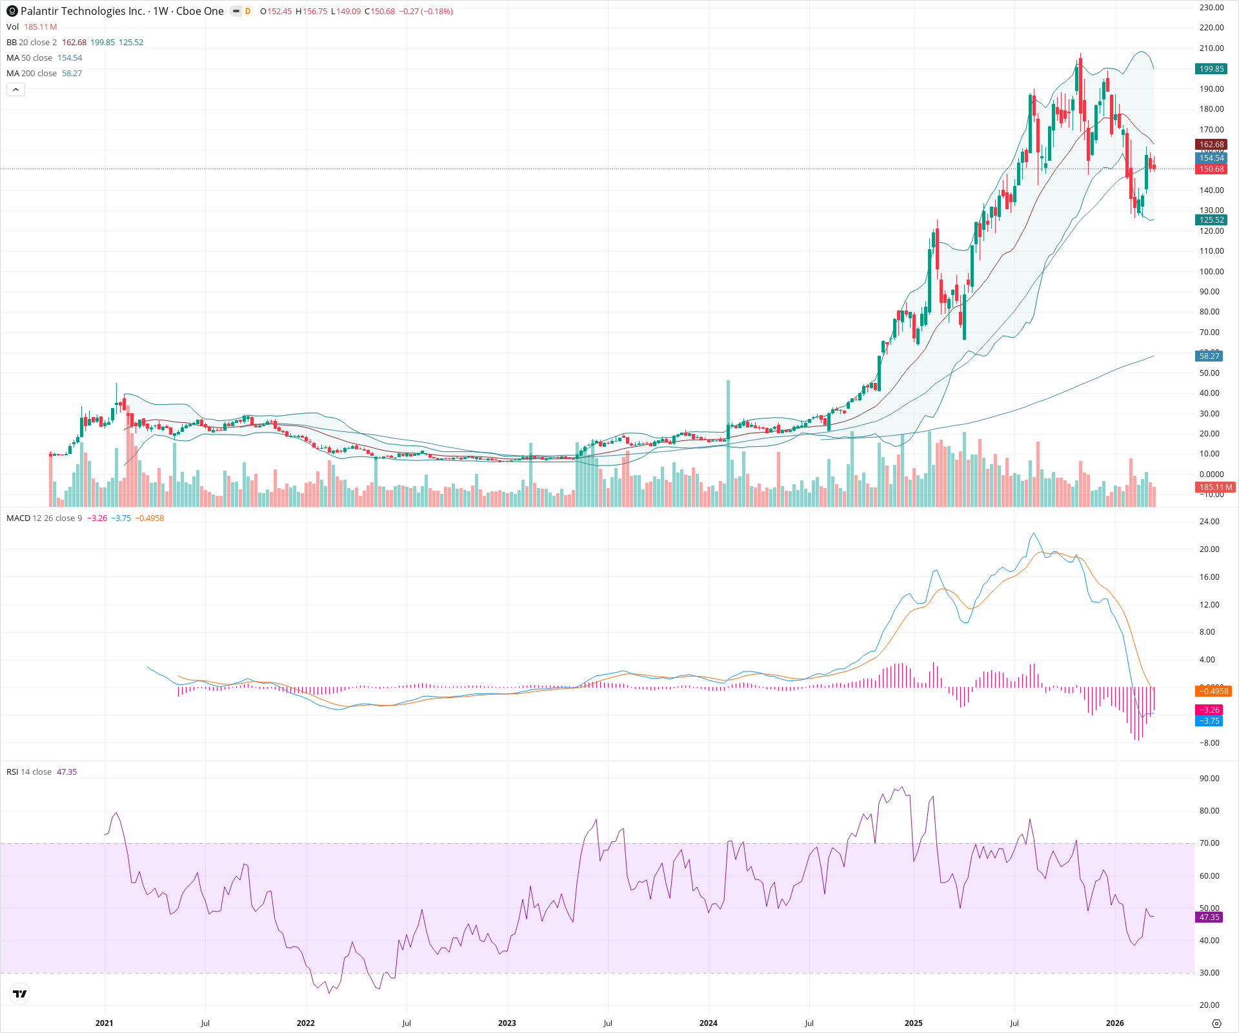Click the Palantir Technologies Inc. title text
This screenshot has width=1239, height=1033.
pos(83,11)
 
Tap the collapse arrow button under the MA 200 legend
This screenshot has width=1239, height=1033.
pos(15,90)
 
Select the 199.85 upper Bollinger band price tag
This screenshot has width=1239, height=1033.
pos(1211,69)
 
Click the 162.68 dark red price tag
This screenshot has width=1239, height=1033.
pos(1211,145)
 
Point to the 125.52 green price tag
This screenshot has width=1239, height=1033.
pos(1211,220)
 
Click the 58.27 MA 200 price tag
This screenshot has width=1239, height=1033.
pos(1209,356)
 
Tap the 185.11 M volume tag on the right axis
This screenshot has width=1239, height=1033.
pos(1215,487)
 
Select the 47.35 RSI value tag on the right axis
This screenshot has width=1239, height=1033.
pos(1209,917)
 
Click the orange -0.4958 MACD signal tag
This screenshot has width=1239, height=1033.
pos(1213,691)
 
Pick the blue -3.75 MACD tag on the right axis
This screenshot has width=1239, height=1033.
pos(1209,721)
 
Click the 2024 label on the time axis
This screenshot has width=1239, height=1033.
pos(708,1023)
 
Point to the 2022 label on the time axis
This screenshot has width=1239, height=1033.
pos(305,1023)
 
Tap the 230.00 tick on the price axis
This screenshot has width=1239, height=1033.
pos(1211,8)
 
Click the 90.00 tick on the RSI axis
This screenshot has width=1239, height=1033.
pos(1209,779)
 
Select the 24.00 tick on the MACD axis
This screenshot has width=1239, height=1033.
pos(1209,522)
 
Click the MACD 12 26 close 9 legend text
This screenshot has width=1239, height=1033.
pos(44,518)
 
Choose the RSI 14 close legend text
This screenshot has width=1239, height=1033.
pos(29,772)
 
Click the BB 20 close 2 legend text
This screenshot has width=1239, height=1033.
pos(32,43)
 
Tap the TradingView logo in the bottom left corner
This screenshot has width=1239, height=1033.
pos(20,994)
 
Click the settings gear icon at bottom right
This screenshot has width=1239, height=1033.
pos(1216,1023)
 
